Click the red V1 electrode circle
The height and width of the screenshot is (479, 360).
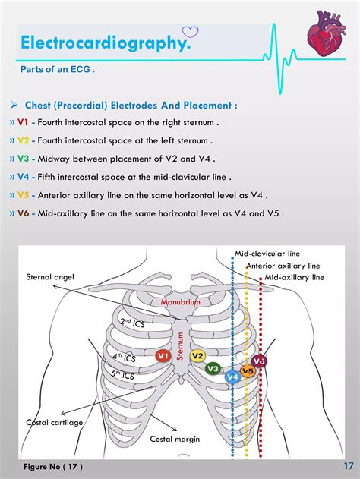pyautogui.click(x=162, y=355)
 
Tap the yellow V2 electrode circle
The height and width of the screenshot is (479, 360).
pyautogui.click(x=197, y=355)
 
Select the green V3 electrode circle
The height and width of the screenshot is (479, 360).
pyautogui.click(x=214, y=368)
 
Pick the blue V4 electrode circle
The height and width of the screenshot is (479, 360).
pyautogui.click(x=232, y=376)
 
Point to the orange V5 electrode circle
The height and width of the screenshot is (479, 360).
pyautogui.click(x=248, y=371)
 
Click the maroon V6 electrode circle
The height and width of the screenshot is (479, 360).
pyautogui.click(x=259, y=361)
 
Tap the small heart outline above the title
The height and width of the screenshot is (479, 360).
pyautogui.click(x=190, y=32)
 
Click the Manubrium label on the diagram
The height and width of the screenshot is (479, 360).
pyautogui.click(x=180, y=302)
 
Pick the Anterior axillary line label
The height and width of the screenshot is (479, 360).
pyautogui.click(x=283, y=266)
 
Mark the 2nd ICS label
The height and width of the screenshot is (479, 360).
pyautogui.click(x=132, y=323)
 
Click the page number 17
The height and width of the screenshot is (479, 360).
pyautogui.click(x=348, y=465)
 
